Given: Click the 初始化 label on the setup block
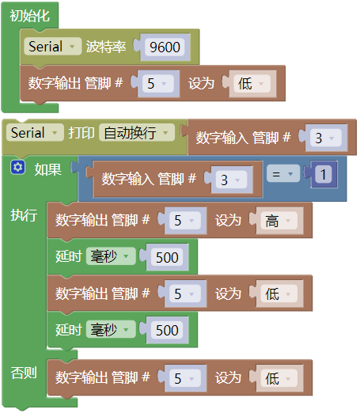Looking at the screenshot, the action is (x=29, y=16).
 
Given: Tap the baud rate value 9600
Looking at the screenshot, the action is (x=165, y=47).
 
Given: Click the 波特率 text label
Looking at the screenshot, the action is (x=106, y=47).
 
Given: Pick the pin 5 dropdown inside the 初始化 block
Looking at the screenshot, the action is (x=158, y=83).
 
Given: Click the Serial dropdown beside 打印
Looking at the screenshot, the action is (x=35, y=132).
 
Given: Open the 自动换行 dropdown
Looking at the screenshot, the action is (x=137, y=132).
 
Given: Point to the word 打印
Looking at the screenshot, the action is (x=81, y=133).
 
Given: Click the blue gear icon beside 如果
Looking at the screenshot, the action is (x=18, y=167).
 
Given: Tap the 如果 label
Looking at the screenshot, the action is (x=48, y=169).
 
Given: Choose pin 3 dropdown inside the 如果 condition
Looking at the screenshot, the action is (x=231, y=180).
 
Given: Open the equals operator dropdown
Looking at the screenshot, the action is (x=283, y=173).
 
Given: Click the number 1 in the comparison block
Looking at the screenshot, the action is (x=324, y=174).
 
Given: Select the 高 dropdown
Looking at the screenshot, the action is (x=279, y=220).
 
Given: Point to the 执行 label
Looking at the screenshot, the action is (x=24, y=215).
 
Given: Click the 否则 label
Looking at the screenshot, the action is (x=24, y=373).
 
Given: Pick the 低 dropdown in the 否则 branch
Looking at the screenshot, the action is (x=279, y=378).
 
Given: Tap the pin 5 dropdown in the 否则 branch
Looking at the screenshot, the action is (x=185, y=378).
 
